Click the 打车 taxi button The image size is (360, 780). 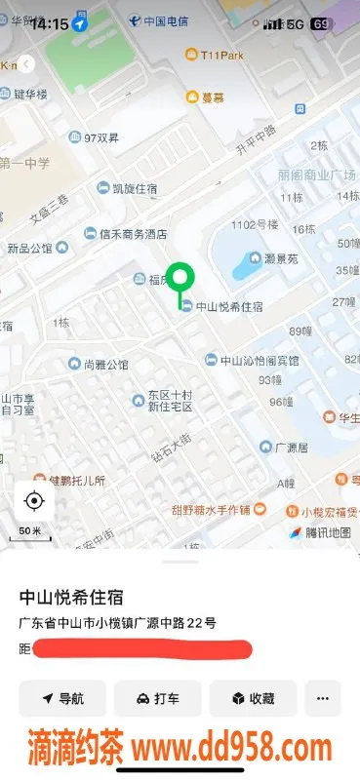[157, 698]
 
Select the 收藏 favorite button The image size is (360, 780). [253, 698]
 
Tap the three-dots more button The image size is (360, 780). [323, 698]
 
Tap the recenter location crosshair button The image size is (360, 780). [34, 501]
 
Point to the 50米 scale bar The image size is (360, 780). [31, 532]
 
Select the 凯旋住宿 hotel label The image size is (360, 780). [127, 188]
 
